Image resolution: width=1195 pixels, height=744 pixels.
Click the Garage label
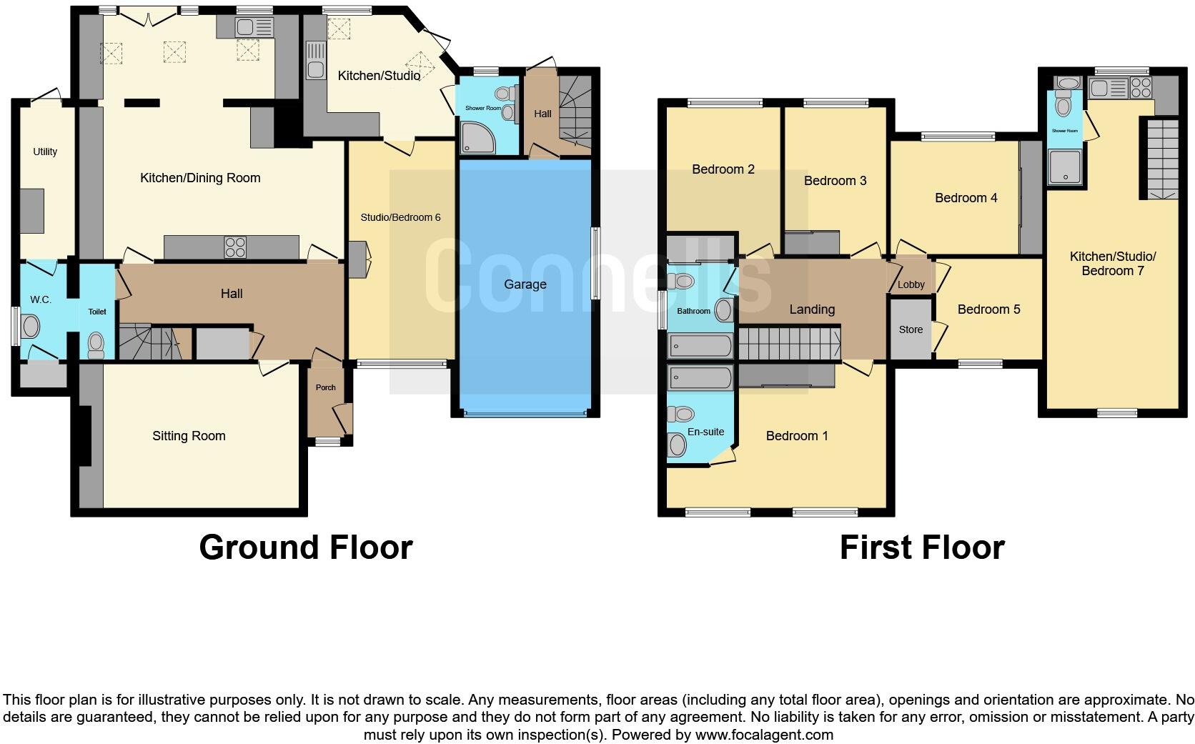525,284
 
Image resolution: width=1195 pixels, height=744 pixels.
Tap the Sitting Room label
189,436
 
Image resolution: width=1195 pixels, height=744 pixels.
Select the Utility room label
45,152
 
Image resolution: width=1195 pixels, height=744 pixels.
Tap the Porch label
325,387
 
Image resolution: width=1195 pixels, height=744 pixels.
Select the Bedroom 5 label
988,309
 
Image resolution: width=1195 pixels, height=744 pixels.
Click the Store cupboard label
911,329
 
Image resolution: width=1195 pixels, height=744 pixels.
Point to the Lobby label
911,284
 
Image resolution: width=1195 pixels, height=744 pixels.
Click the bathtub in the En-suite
700,378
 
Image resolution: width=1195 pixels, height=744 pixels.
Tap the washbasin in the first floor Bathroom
723,310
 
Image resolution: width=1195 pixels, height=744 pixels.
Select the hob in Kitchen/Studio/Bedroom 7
1141,88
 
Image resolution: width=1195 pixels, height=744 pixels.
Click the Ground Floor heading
306,547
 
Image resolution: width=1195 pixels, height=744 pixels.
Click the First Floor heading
922,547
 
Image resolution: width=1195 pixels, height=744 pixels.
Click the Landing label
811,309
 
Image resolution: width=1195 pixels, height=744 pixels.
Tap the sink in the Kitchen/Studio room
315,61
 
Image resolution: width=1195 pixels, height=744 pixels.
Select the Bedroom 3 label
835,181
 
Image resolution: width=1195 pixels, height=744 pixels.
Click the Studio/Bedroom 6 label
400,217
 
